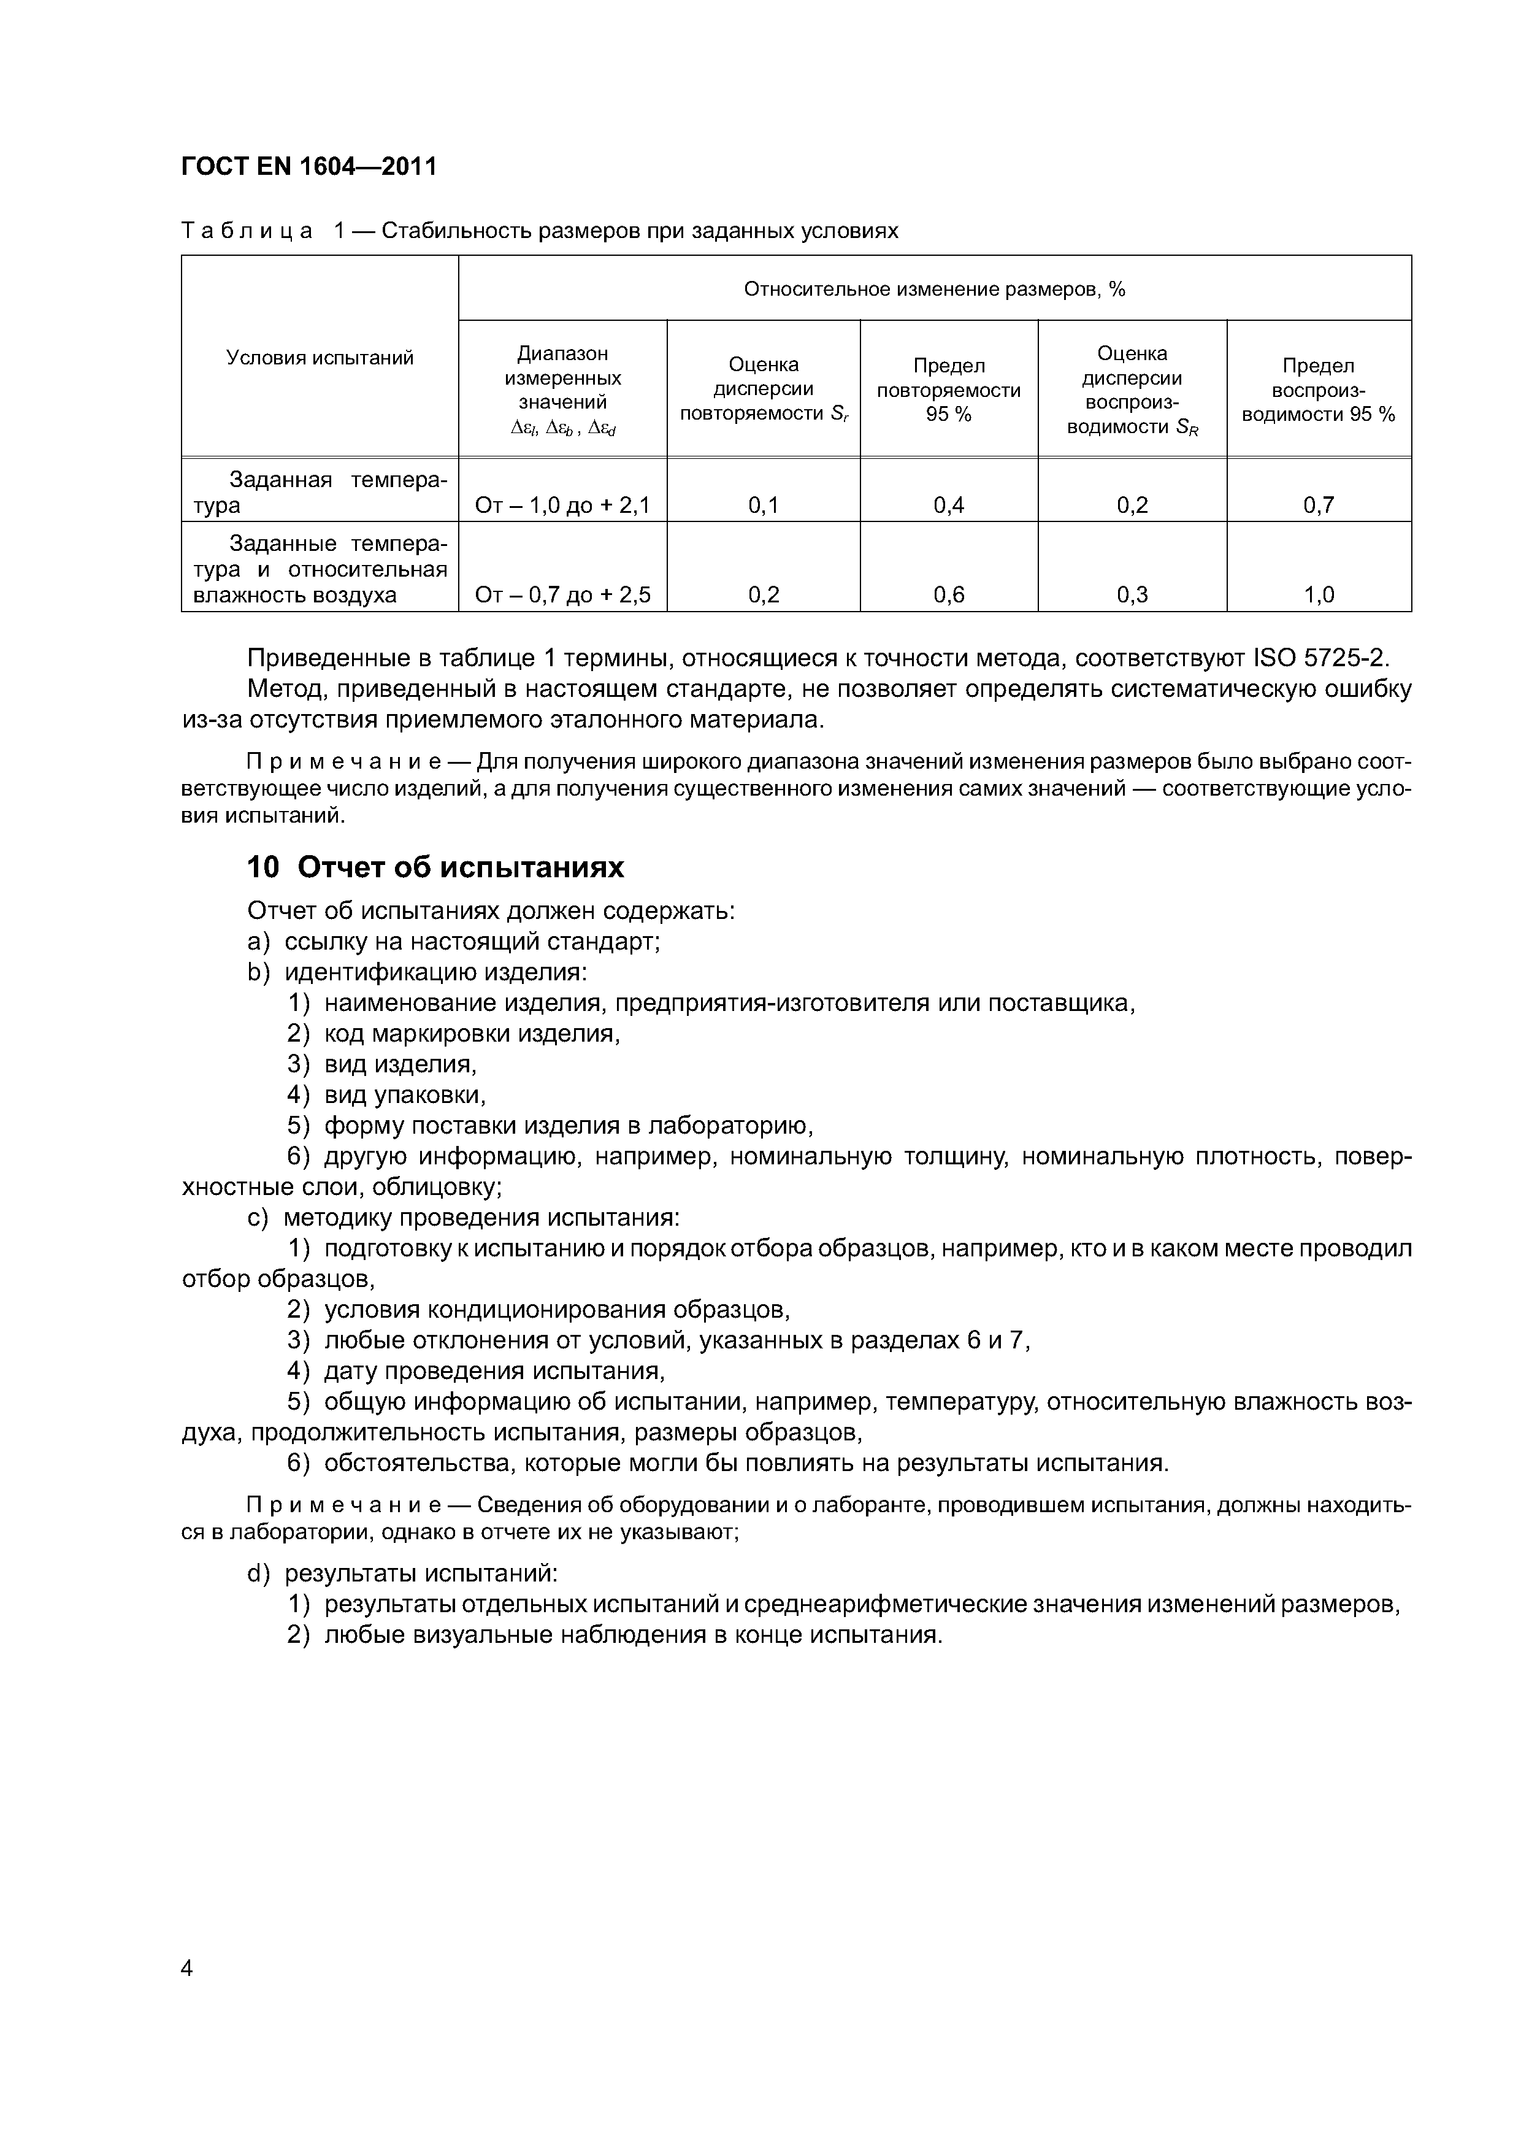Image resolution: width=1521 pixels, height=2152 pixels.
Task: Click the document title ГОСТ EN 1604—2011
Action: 309,167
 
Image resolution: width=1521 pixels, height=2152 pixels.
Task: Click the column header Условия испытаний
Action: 320,358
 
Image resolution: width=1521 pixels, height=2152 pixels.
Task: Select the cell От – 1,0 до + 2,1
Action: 562,506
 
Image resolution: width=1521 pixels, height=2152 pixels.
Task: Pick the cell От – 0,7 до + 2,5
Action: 562,595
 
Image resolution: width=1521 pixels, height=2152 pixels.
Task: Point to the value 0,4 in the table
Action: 948,506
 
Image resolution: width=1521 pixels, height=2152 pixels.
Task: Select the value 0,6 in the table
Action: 948,595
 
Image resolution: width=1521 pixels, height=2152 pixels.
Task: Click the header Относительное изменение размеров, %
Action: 933,290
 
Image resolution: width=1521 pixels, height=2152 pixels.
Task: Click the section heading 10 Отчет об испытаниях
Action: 435,868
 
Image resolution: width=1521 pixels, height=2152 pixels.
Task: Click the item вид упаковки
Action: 404,1095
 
